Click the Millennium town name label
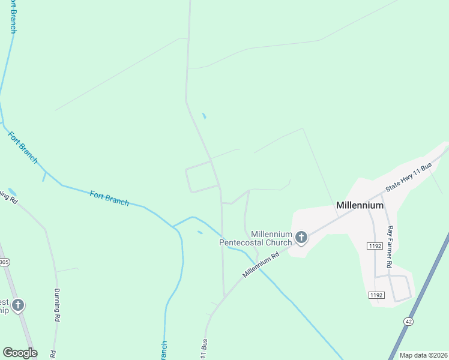[360, 205]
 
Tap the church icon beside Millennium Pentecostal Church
[301, 238]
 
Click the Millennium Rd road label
[262, 264]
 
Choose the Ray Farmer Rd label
[390, 247]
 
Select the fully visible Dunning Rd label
[58, 305]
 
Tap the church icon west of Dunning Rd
[18, 305]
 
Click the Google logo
[20, 353]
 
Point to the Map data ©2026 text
[423, 355]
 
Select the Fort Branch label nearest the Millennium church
[109, 198]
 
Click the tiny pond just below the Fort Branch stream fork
[200, 232]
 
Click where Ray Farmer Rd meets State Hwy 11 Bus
[382, 195]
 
